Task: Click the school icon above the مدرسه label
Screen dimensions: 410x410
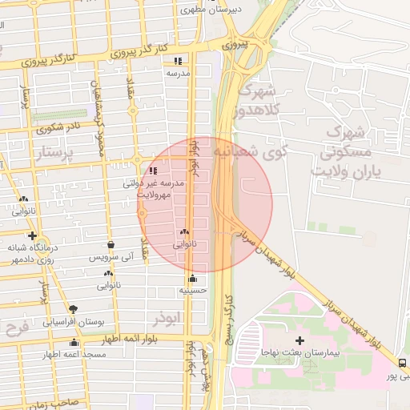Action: [177, 61]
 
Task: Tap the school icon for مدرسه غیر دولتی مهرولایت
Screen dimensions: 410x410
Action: [153, 171]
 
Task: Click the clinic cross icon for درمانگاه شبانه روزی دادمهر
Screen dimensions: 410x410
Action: [32, 235]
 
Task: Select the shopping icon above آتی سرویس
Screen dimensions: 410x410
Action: [111, 245]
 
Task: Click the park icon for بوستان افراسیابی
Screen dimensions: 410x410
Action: [74, 308]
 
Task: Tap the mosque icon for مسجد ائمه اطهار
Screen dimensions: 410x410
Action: [74, 342]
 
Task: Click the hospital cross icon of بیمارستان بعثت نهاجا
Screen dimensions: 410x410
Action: [300, 340]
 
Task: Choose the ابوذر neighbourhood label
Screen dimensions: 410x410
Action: [165, 319]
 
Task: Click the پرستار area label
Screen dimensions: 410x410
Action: [54, 152]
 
